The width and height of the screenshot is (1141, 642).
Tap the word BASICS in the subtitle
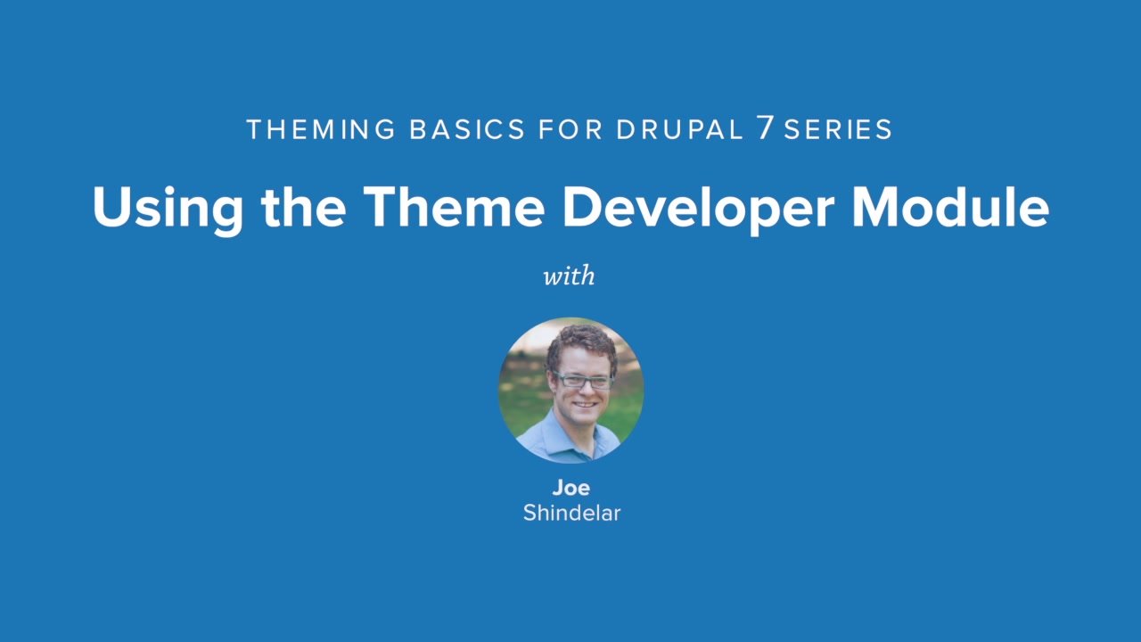coord(467,130)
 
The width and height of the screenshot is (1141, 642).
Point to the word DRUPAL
coord(678,130)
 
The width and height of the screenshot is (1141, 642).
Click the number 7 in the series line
coord(765,129)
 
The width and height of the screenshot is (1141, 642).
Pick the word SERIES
coord(838,130)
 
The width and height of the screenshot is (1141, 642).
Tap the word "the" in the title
coord(304,207)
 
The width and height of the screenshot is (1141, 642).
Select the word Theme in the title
coord(453,207)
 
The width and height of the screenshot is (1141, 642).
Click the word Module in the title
coord(950,207)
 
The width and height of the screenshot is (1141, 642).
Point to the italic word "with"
coord(569,276)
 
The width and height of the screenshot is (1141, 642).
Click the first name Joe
coord(570,488)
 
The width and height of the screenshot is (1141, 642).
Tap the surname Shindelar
coord(570,513)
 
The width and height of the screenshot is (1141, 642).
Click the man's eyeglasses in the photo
coord(582,381)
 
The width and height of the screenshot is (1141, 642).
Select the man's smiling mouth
coord(586,405)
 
